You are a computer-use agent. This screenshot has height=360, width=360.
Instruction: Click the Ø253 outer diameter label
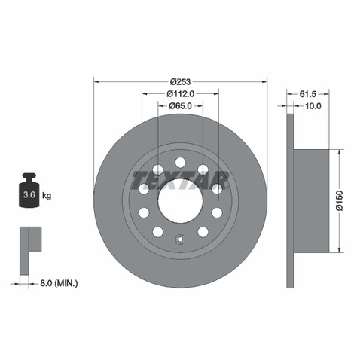[180, 81]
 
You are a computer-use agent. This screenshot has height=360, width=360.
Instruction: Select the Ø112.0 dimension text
[181, 94]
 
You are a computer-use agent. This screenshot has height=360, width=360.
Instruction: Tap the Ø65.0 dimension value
[180, 106]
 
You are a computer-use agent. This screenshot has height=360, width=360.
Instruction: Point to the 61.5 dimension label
[308, 94]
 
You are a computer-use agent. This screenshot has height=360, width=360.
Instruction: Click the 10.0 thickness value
[313, 106]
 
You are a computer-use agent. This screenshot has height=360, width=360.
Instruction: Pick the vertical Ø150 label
[340, 200]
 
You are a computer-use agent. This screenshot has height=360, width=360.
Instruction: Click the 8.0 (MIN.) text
[59, 283]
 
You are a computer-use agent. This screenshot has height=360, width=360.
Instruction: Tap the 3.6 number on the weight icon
[29, 194]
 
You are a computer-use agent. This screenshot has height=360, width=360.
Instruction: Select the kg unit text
[47, 195]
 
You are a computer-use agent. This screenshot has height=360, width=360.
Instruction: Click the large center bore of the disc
[180, 201]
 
